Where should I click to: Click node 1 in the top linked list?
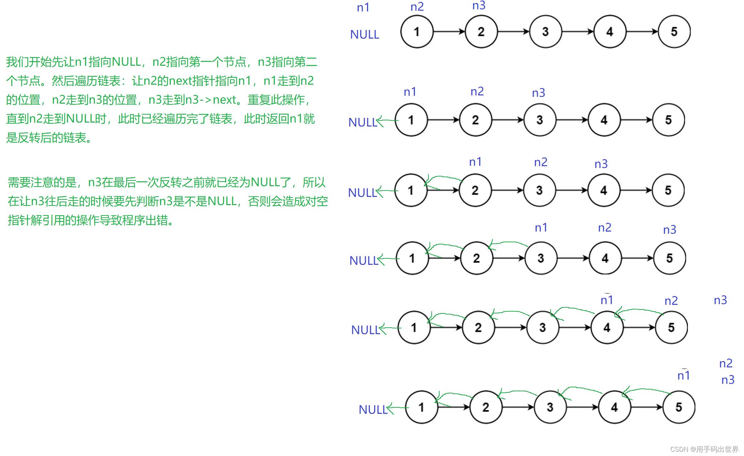[x=417, y=32]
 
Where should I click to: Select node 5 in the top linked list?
[x=674, y=32]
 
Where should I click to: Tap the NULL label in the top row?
[x=364, y=35]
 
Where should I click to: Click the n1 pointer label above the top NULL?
[x=363, y=8]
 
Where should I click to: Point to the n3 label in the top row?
[x=479, y=5]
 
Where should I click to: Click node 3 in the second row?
[x=540, y=120]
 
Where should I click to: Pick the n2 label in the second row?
[x=477, y=91]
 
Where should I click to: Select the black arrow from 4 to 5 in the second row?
[x=636, y=120]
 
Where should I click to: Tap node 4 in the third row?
[x=604, y=190]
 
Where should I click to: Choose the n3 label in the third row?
[x=601, y=164]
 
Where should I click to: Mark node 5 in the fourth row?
[x=669, y=258]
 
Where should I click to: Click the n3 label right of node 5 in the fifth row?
[x=720, y=300]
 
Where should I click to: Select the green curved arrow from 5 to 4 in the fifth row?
[x=640, y=310]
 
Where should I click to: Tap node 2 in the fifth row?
[x=478, y=328]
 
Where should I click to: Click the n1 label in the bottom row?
[x=684, y=376]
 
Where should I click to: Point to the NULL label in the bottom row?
[x=373, y=410]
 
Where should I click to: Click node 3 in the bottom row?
[x=550, y=407]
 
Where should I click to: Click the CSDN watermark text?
[x=704, y=449]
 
